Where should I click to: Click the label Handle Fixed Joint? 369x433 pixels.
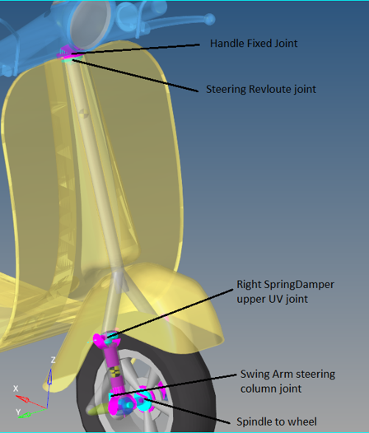click(254, 44)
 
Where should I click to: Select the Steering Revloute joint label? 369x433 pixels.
click(261, 89)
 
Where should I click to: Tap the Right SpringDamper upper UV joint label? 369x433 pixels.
click(285, 291)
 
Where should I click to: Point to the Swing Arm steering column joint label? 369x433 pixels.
click(287, 381)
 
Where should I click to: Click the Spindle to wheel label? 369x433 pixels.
click(277, 421)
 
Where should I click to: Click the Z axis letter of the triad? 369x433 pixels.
click(53, 360)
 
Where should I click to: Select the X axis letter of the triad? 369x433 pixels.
click(16, 389)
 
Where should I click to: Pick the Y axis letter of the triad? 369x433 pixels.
click(18, 412)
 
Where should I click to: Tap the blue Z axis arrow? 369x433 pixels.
click(49, 388)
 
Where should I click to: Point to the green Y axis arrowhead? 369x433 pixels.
click(25, 415)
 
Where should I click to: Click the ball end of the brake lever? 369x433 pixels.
click(210, 19)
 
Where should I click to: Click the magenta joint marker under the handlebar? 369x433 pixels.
click(66, 53)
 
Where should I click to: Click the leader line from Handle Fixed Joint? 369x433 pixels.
click(135, 49)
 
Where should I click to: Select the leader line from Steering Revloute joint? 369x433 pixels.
click(135, 75)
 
